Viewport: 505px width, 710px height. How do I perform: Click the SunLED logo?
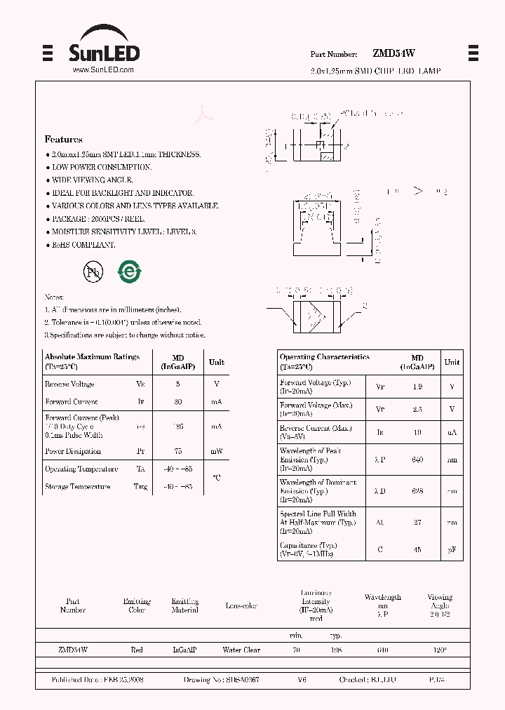[x=104, y=46]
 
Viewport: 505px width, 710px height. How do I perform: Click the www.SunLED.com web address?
[x=103, y=70]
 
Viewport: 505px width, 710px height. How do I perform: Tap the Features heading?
[x=63, y=140]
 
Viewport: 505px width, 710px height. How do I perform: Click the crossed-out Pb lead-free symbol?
[x=93, y=272]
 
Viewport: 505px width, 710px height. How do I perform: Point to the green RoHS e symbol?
[x=128, y=272]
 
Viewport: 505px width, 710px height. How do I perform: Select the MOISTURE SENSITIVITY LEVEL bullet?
[x=123, y=232]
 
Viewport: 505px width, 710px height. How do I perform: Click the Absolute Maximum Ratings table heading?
[x=92, y=357]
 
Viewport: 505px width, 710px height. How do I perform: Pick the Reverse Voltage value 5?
[x=177, y=384]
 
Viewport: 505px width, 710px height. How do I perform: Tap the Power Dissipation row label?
[x=73, y=451]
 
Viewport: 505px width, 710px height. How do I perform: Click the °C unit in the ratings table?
[x=216, y=478]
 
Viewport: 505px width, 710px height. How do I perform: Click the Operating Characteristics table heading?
[x=324, y=357]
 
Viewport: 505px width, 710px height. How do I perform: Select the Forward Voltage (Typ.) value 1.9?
[x=417, y=387]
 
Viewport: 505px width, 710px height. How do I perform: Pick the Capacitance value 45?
[x=417, y=549]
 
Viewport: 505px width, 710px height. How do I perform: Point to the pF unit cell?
[x=452, y=549]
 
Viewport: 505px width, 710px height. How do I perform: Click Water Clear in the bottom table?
[x=241, y=650]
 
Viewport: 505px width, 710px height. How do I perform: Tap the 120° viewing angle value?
[x=440, y=650]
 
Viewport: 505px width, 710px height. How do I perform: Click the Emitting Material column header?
[x=184, y=605]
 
